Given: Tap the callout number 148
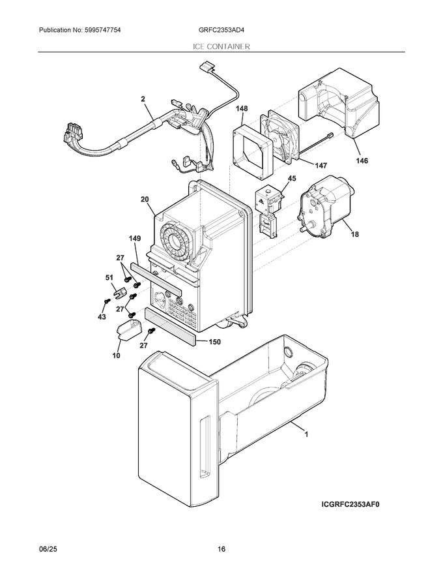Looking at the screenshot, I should coord(242,109).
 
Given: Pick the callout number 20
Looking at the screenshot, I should coord(144,200).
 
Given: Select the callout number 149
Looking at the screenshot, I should coord(134,239).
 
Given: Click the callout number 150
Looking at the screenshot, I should coord(215,341).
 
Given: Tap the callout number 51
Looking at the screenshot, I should coord(109,277).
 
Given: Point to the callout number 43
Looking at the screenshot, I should coord(101,317).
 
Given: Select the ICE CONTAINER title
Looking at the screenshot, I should coord(221,47).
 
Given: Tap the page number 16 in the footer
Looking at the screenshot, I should coord(221,550).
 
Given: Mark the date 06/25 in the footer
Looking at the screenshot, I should coord(48,550).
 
